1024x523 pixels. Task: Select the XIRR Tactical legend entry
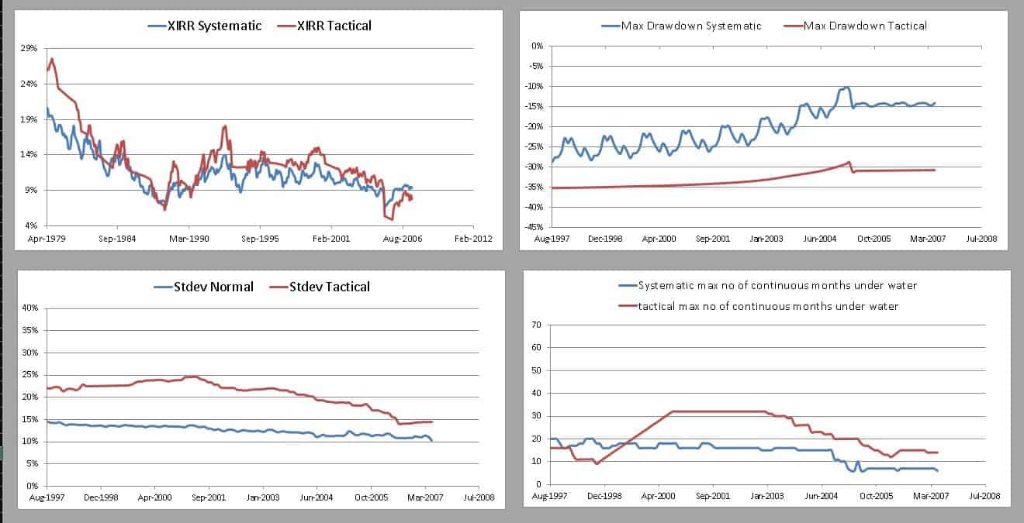(x=327, y=26)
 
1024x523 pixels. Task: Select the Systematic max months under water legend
(x=777, y=286)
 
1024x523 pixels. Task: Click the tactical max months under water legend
(x=767, y=306)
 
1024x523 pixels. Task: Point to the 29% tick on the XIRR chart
(x=28, y=48)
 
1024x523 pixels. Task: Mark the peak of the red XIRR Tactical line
(x=52, y=59)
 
